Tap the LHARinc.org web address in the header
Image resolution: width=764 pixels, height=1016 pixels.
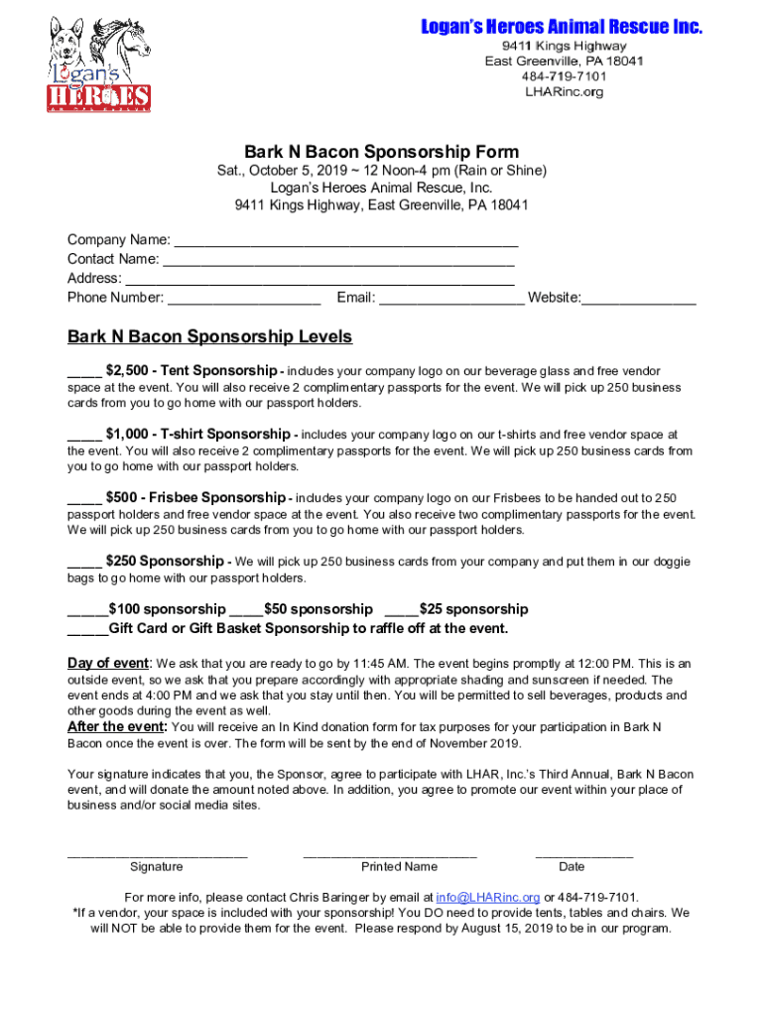(x=564, y=92)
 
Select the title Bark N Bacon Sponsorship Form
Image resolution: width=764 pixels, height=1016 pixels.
(x=382, y=152)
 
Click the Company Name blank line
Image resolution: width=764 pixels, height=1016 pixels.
(x=345, y=241)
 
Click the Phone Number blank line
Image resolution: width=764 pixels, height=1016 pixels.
(x=244, y=298)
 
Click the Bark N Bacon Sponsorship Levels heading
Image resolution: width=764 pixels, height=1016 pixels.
(x=209, y=337)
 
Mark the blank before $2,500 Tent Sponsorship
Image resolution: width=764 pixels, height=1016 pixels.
(x=84, y=372)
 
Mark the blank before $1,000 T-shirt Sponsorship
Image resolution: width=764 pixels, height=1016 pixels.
(x=84, y=436)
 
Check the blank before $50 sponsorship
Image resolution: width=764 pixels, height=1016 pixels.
(x=246, y=610)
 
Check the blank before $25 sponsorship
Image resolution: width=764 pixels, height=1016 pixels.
(x=401, y=610)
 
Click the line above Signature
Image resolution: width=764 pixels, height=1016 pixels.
(x=157, y=853)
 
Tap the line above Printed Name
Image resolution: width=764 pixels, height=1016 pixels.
(x=390, y=853)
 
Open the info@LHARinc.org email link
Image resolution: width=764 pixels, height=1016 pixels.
(x=488, y=897)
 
